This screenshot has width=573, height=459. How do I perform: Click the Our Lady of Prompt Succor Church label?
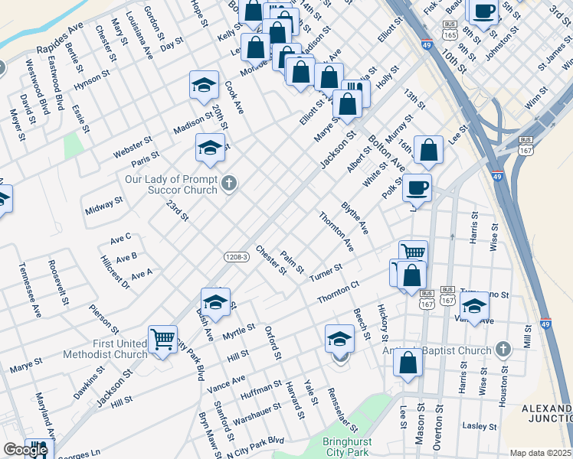[172, 185]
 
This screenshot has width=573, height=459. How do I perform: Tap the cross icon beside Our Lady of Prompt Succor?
[229, 183]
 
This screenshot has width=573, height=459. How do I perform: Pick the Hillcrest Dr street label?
[116, 272]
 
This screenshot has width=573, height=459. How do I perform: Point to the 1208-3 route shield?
[237, 257]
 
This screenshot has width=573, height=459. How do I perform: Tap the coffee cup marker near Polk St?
[417, 187]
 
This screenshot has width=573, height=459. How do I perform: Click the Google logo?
[25, 451]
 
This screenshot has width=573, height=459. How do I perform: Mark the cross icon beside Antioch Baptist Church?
[503, 350]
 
